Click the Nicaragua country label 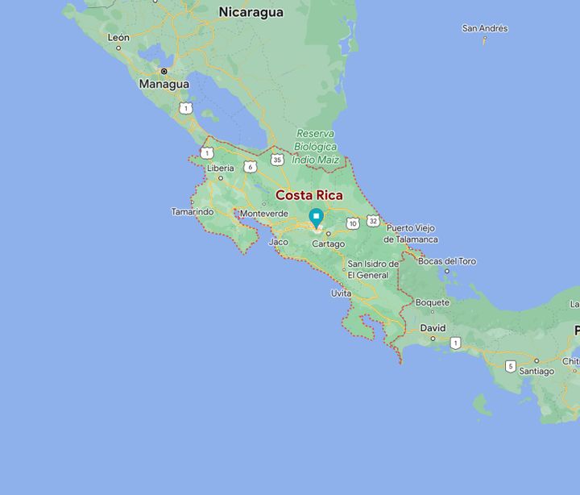[x=251, y=12]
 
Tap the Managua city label [x=164, y=84]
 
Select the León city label [x=118, y=37]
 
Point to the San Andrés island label [x=485, y=28]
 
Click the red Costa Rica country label [x=309, y=195]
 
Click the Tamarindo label [x=193, y=212]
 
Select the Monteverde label [x=264, y=214]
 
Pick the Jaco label [x=278, y=241]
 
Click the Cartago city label [x=328, y=243]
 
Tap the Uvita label [x=341, y=293]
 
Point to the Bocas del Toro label [x=448, y=261]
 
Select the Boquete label [x=433, y=302]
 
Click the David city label [x=433, y=328]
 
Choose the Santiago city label [x=536, y=371]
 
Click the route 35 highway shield [x=277, y=160]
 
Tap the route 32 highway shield [x=372, y=220]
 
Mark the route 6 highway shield [x=251, y=167]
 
